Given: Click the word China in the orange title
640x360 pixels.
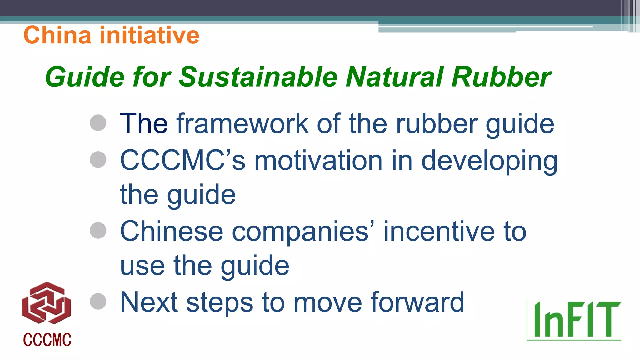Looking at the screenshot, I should (x=57, y=35).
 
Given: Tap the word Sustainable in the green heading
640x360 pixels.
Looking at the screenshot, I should (x=258, y=77).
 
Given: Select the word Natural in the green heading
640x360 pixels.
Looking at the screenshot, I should (x=395, y=77).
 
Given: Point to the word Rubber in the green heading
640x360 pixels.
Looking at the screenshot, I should (x=501, y=77).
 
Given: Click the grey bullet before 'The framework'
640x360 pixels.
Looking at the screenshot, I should (x=98, y=122).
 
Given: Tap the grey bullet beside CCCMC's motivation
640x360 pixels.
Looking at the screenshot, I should (x=98, y=159).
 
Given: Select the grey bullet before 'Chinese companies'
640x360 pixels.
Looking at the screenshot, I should (x=98, y=231).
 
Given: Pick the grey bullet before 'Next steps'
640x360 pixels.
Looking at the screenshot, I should (x=98, y=302).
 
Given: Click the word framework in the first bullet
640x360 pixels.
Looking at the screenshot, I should (x=242, y=124).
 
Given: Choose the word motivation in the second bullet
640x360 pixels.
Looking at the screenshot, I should (x=318, y=161).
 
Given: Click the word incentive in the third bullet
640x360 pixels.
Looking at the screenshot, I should (x=439, y=232).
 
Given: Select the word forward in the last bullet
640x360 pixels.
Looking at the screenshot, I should (x=417, y=302).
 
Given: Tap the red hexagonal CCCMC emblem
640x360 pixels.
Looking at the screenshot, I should (x=47, y=303).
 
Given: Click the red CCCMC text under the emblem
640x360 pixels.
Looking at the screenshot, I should (x=47, y=340).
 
